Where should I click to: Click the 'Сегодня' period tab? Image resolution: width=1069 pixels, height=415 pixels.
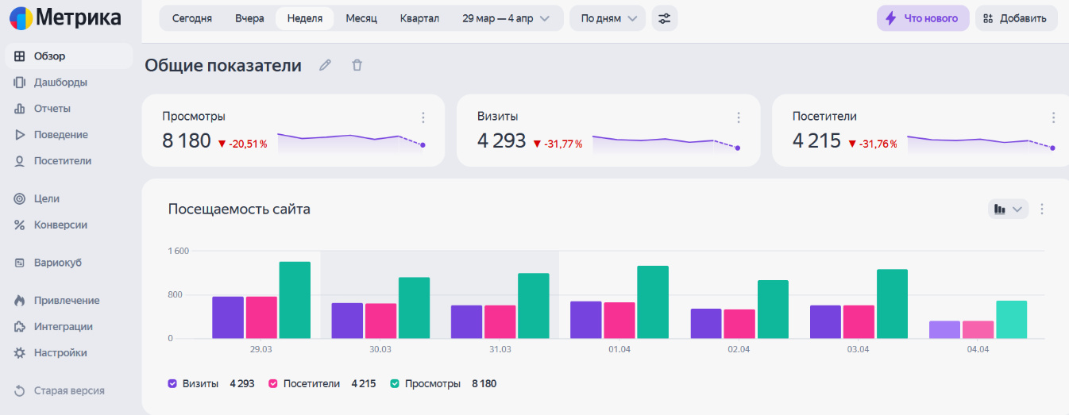pyautogui.click(x=192, y=18)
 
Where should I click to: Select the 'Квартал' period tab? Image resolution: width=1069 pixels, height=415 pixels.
pyautogui.click(x=419, y=18)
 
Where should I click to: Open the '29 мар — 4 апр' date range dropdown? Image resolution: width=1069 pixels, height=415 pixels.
pyautogui.click(x=506, y=18)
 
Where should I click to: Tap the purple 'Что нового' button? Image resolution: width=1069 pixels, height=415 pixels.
pyautogui.click(x=923, y=18)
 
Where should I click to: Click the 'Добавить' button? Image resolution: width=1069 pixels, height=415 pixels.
pyautogui.click(x=1016, y=18)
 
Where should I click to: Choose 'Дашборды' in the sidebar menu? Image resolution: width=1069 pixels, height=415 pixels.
pyautogui.click(x=60, y=83)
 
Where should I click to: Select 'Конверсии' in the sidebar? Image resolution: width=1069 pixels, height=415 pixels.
pyautogui.click(x=60, y=225)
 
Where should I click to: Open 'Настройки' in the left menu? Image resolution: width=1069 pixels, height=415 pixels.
pyautogui.click(x=60, y=353)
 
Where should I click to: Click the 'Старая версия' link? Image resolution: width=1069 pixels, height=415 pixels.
pyautogui.click(x=69, y=390)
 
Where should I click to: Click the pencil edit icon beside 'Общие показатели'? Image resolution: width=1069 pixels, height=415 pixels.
pyautogui.click(x=326, y=65)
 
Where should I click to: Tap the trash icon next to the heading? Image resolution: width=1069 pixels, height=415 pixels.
pyautogui.click(x=357, y=65)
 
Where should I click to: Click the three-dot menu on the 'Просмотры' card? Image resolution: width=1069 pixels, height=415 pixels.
pyautogui.click(x=423, y=117)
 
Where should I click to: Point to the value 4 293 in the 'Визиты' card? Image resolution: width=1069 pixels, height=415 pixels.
pyautogui.click(x=501, y=140)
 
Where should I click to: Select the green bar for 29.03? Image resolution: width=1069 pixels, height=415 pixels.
pyautogui.click(x=295, y=300)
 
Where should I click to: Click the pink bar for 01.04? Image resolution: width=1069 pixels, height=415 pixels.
pyautogui.click(x=619, y=320)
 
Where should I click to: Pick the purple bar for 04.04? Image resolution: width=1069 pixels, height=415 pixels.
pyautogui.click(x=944, y=329)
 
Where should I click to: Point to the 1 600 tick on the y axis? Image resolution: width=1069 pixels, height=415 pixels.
pyautogui.click(x=179, y=251)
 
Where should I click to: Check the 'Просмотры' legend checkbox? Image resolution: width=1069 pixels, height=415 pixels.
pyautogui.click(x=395, y=383)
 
